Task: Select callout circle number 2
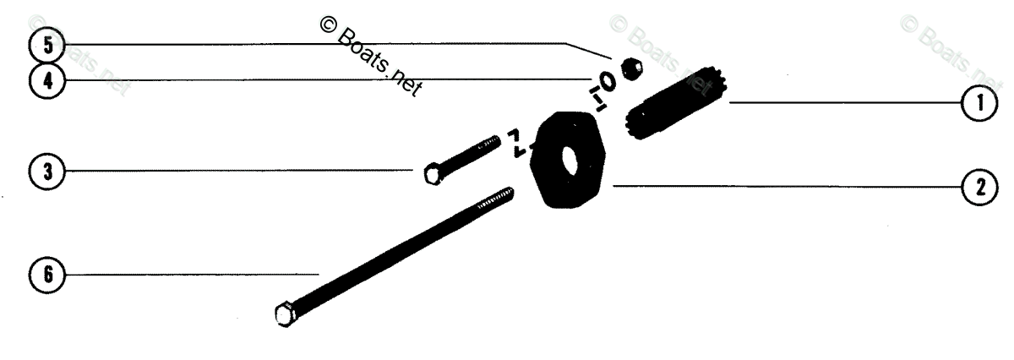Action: tap(979, 187)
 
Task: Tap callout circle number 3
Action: tap(47, 172)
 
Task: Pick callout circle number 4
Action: tap(47, 81)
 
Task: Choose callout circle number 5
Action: tap(47, 45)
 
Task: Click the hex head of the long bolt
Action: tap(284, 314)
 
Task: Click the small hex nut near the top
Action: tap(630, 68)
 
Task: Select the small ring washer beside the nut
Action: tap(606, 81)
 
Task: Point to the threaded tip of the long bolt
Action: tap(503, 195)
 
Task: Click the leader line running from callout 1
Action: tap(845, 104)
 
